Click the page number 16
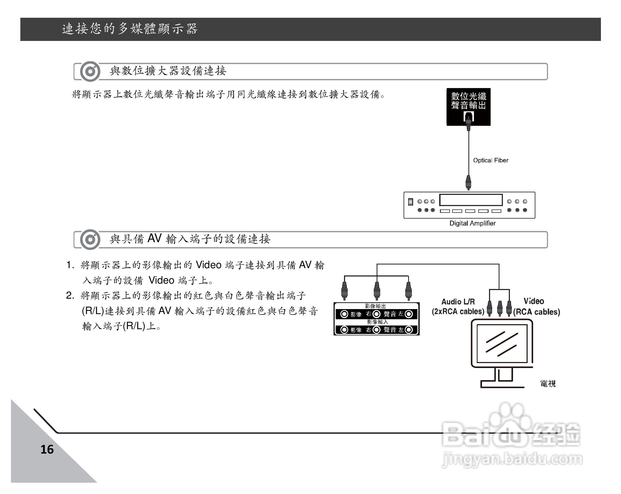coord(47,450)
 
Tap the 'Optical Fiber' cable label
coord(491,160)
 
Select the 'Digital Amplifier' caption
coord(472,223)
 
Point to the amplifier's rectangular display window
coord(471,200)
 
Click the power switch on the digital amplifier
coord(411,202)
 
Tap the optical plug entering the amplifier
coord(468,182)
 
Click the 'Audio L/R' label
coord(458,302)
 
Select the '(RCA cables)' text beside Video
coord(536,312)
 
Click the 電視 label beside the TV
coord(547,384)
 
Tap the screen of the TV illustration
coord(502,343)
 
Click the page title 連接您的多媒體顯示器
coord(130,29)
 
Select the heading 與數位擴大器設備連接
coord(168,71)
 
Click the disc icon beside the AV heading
coord(90,239)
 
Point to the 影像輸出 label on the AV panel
coord(375,306)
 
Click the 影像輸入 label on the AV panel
coord(377,322)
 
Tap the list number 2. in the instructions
coord(70,296)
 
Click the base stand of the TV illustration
coord(502,385)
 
